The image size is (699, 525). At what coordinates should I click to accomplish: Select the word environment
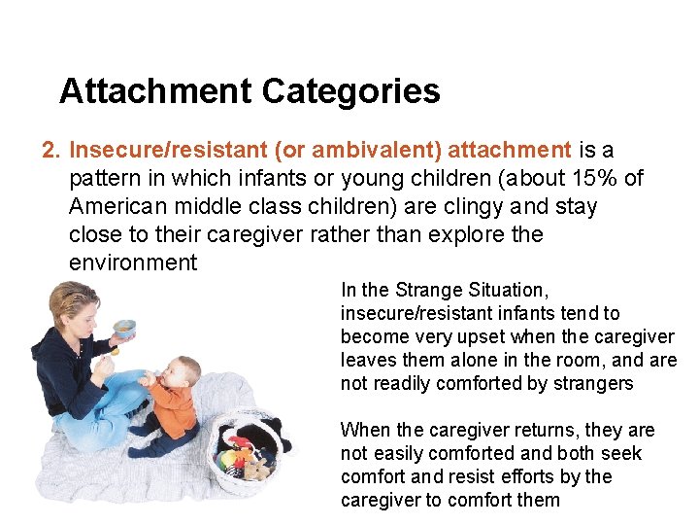[133, 263]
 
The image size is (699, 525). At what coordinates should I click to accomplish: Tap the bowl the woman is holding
[124, 328]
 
